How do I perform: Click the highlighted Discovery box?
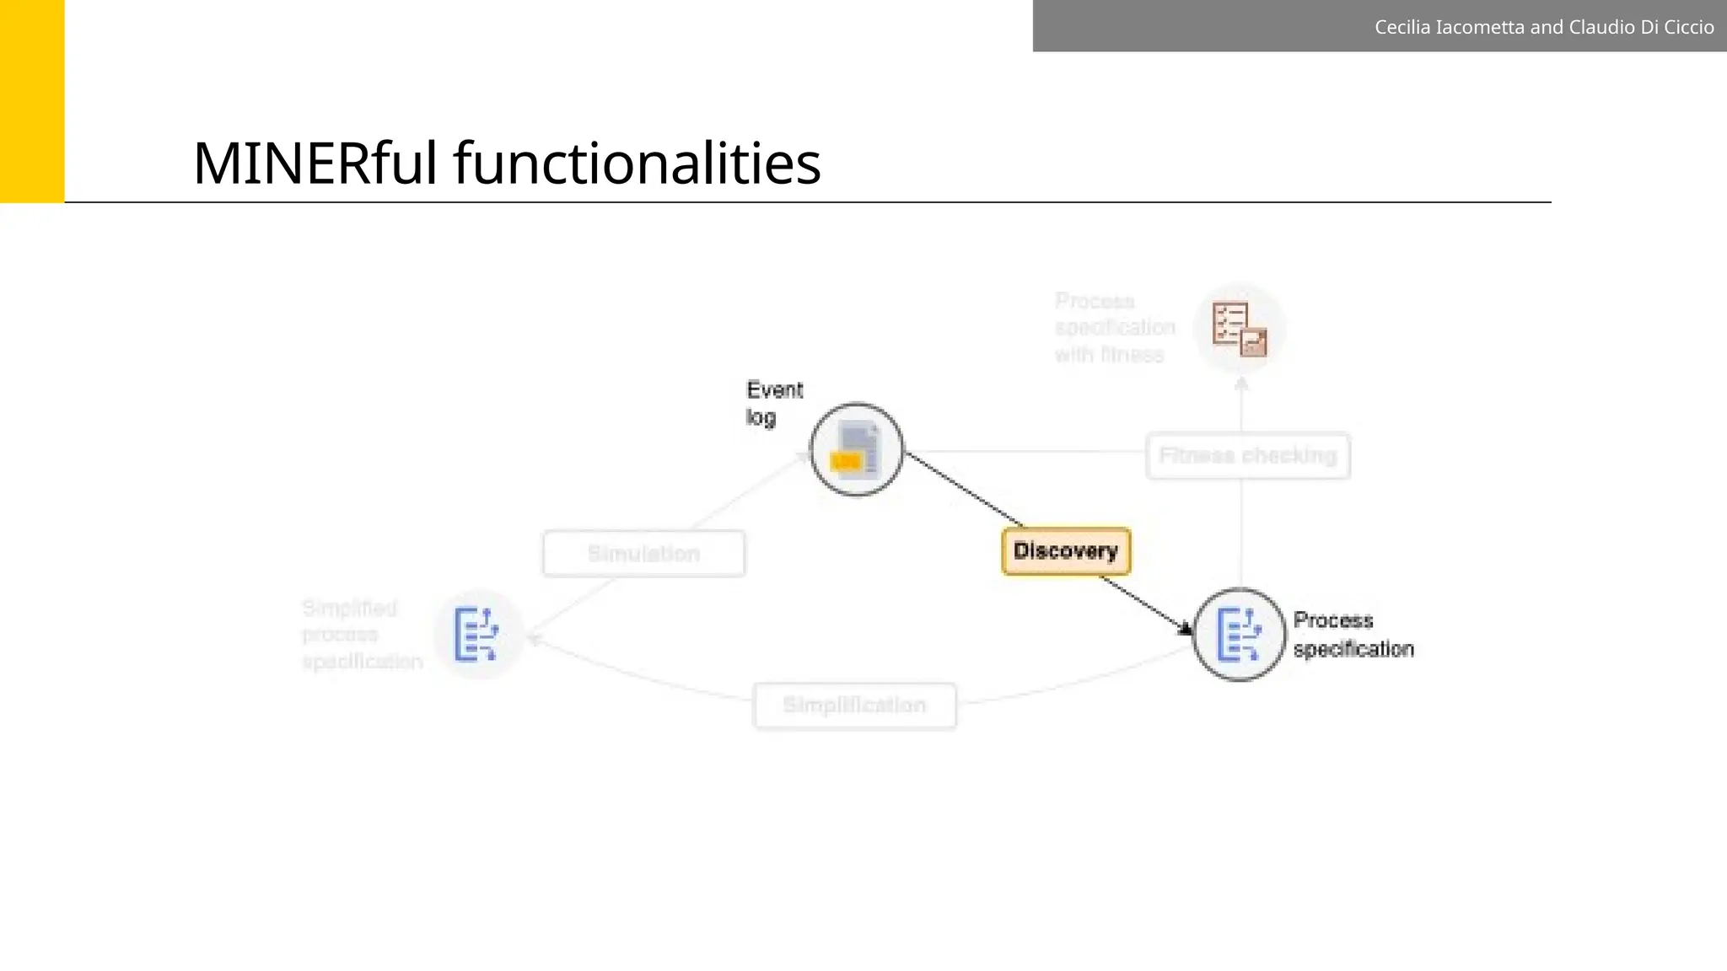[x=1066, y=551]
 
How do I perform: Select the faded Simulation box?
[x=644, y=554]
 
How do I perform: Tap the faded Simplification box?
[x=854, y=705]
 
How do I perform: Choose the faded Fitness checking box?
[x=1248, y=456]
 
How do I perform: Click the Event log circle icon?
[x=857, y=450]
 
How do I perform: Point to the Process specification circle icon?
[x=1240, y=635]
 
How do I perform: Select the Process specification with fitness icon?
[x=1240, y=330]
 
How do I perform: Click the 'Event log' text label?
[x=774, y=403]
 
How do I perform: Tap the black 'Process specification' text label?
[x=1353, y=635]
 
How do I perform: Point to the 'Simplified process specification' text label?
[x=362, y=635]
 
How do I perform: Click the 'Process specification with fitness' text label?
[x=1114, y=328]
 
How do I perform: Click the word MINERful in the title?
[x=315, y=164]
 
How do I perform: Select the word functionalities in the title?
[x=637, y=164]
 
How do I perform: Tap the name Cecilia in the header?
[x=1402, y=27]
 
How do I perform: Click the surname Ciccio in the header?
[x=1689, y=27]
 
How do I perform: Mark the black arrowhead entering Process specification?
[x=1186, y=629]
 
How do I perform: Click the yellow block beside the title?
[x=32, y=101]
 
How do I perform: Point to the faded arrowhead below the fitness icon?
[x=1241, y=384]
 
